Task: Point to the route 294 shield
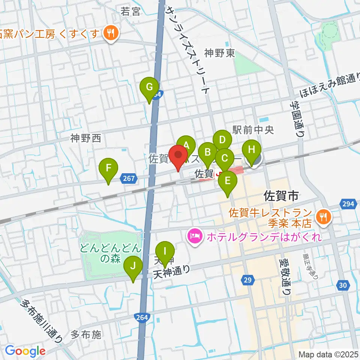coord(348,204)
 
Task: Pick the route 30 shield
coord(343,285)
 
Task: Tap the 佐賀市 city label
coord(281,195)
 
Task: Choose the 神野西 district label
coord(86,138)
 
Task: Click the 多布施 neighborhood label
coord(86,335)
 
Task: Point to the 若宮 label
coord(130,12)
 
